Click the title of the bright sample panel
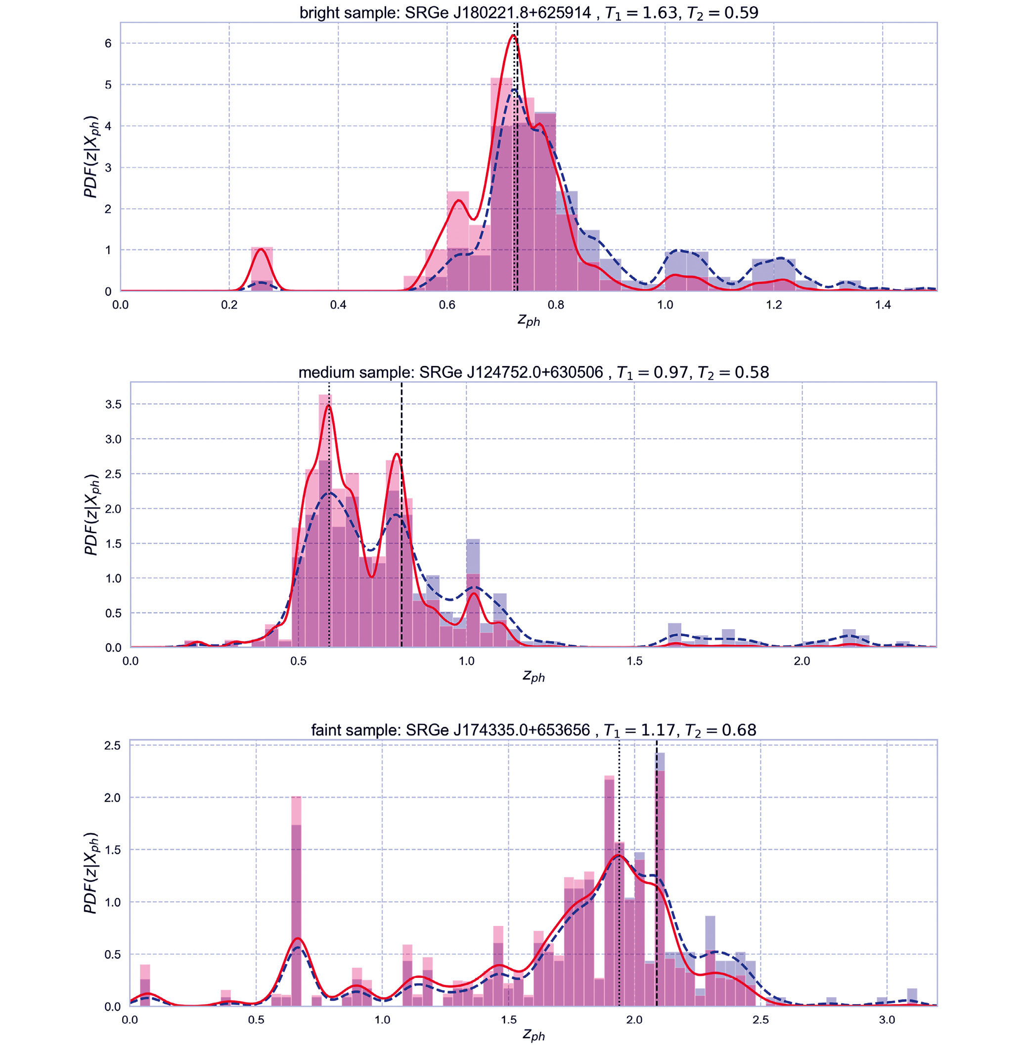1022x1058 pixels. point(529,12)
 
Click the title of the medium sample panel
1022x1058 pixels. point(533,372)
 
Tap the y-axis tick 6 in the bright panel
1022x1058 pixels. point(108,44)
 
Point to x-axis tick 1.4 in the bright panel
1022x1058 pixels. point(883,305)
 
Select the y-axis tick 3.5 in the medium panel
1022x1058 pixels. point(113,404)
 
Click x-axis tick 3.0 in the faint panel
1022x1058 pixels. point(887,1020)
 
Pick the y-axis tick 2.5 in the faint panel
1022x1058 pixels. point(112,745)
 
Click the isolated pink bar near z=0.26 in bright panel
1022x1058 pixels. point(262,270)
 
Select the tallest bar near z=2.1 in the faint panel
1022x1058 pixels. point(661,880)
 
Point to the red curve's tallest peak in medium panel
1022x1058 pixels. point(328,406)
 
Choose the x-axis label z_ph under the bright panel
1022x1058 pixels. point(529,321)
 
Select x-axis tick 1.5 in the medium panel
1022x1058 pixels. point(634,661)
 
